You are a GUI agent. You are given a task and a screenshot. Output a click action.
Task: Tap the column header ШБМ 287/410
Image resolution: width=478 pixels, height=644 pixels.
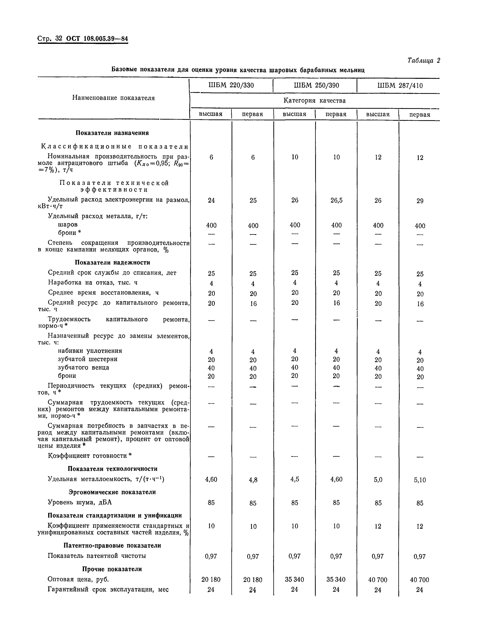400,86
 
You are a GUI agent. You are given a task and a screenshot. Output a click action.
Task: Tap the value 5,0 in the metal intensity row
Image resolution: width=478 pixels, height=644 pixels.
378,480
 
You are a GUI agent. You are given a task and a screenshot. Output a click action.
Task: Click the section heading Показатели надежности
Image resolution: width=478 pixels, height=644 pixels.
113,262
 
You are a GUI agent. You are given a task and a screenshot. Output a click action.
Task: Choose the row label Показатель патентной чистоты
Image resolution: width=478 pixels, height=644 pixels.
97,556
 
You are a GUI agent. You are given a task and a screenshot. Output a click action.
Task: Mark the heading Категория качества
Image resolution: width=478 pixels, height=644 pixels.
315,101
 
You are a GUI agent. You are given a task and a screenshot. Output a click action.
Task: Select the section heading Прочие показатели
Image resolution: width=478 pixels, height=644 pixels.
112,569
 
